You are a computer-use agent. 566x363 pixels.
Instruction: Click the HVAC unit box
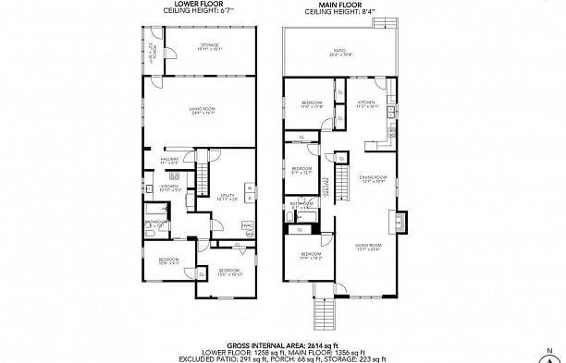pyautogui.click(x=247, y=224)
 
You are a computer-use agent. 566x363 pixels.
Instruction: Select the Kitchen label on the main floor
pyautogui.click(x=367, y=104)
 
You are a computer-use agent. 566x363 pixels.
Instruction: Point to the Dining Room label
pyautogui.click(x=373, y=179)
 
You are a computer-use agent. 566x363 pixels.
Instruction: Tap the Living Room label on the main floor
pyautogui.click(x=367, y=247)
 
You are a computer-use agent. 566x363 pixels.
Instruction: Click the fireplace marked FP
pyautogui.click(x=400, y=224)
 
